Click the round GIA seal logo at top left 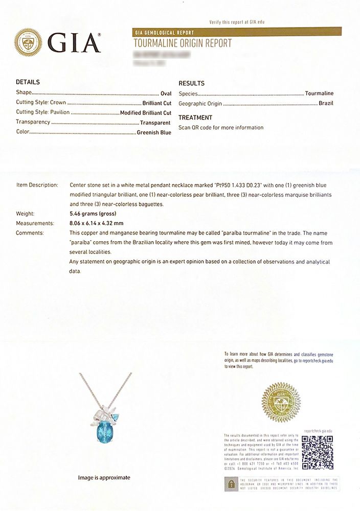tap(28, 42)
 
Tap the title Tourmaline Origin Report tap(183, 43)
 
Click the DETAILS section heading tap(28, 82)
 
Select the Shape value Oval tap(166, 93)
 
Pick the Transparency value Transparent tap(155, 122)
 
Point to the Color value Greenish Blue tap(154, 132)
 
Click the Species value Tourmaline tap(319, 94)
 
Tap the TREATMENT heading tap(195, 118)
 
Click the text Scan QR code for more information tap(221, 128)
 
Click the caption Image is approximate tap(104, 478)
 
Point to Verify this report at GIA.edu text tap(237, 22)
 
